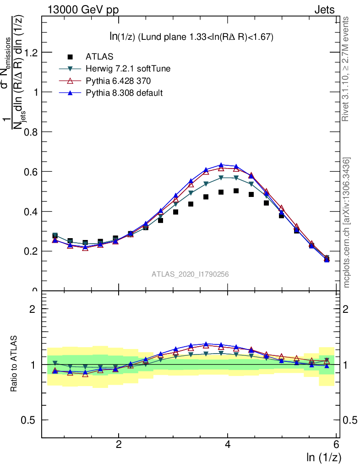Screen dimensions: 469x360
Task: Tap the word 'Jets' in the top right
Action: pyautogui.click(x=324, y=10)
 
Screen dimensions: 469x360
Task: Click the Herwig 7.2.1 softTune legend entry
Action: pyautogui.click(x=128, y=69)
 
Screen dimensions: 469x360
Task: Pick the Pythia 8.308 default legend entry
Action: pyautogui.click(x=125, y=93)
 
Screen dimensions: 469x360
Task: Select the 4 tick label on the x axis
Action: pyautogui.click(x=228, y=445)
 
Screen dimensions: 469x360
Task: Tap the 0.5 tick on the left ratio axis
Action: pyautogui.click(x=30, y=420)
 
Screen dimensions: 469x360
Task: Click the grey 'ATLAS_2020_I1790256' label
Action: pyautogui.click(x=190, y=274)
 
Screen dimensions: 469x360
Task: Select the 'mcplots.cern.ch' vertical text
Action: pyautogui.click(x=347, y=223)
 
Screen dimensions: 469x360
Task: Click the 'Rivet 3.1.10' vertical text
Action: pyautogui.click(x=346, y=69)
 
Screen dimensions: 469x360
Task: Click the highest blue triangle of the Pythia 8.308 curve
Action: pyautogui.click(x=221, y=165)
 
